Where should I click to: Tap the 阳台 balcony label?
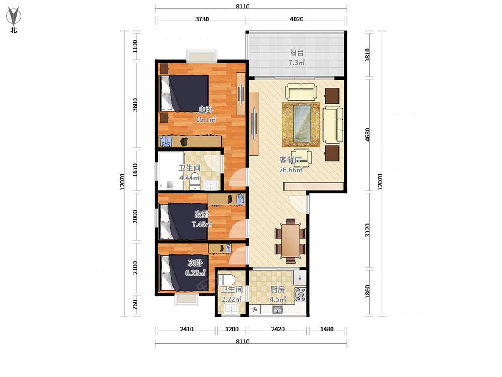(x=296, y=53)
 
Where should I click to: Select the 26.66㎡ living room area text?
(x=290, y=170)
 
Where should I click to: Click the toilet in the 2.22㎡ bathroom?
(x=227, y=280)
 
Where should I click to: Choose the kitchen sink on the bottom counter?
(x=277, y=309)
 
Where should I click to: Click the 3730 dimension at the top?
(x=202, y=19)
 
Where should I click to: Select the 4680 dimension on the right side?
(x=368, y=134)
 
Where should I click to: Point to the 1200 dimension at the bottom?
(x=232, y=329)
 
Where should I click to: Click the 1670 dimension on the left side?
(x=135, y=170)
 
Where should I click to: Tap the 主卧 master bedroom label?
(x=206, y=110)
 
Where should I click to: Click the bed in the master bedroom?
(x=185, y=93)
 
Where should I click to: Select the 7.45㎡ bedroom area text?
(x=202, y=224)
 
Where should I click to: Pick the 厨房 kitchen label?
(x=277, y=289)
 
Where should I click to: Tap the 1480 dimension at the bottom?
(x=327, y=329)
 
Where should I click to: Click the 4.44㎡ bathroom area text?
(x=190, y=178)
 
